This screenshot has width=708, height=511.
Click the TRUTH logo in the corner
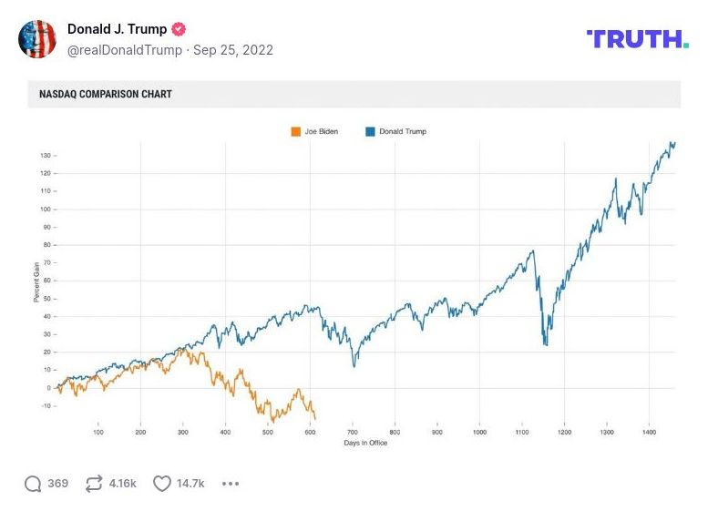tap(637, 38)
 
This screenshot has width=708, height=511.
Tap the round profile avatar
tap(37, 39)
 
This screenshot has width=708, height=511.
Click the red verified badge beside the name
tap(179, 29)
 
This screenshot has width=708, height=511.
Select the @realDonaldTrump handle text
tap(124, 50)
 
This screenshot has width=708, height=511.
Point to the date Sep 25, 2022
tap(233, 50)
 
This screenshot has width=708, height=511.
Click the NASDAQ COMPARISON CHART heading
tap(106, 94)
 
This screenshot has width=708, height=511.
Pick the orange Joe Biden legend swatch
tap(295, 131)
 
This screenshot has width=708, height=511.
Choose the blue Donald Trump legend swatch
tap(370, 131)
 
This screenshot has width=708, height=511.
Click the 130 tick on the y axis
tap(46, 156)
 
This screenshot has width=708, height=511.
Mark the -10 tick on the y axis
tap(46, 406)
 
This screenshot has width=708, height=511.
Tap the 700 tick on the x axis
tap(353, 432)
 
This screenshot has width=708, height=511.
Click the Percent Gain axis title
tap(36, 283)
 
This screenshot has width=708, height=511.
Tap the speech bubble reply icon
tap(33, 484)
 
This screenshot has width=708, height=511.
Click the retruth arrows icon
tap(94, 484)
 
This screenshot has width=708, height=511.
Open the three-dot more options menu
tap(231, 484)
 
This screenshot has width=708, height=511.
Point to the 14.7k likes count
tap(190, 484)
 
